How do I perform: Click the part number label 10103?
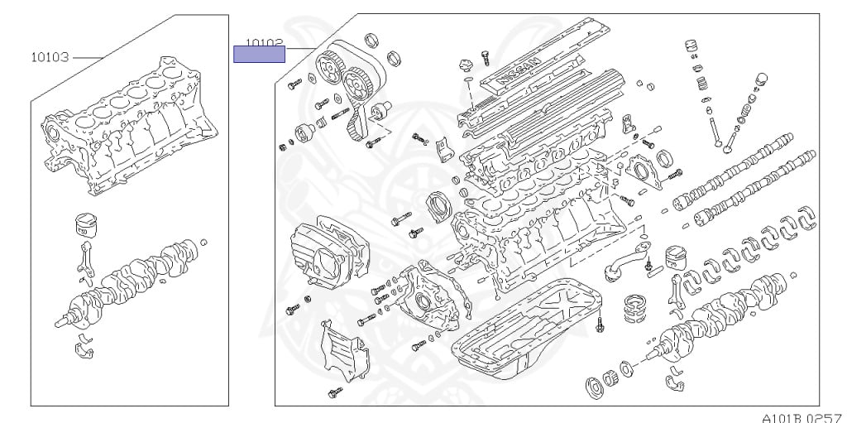tap(49, 58)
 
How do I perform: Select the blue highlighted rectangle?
tap(259, 55)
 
